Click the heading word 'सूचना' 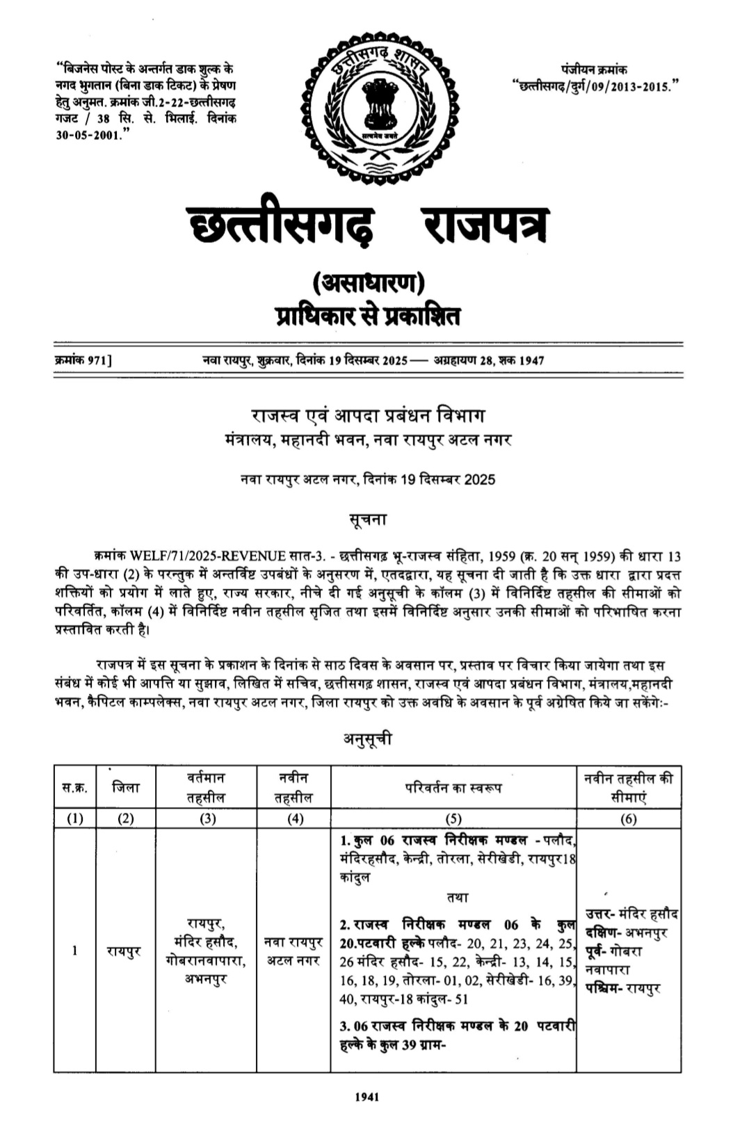click(x=368, y=519)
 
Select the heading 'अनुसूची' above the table click(x=368, y=739)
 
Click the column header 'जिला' click(x=125, y=787)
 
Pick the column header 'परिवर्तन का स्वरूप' click(x=453, y=787)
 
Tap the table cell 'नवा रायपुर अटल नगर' click(x=293, y=951)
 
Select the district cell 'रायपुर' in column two click(x=125, y=951)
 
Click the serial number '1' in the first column click(x=75, y=951)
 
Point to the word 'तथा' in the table click(x=458, y=897)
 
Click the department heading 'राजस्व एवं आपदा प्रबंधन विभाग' click(x=368, y=416)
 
